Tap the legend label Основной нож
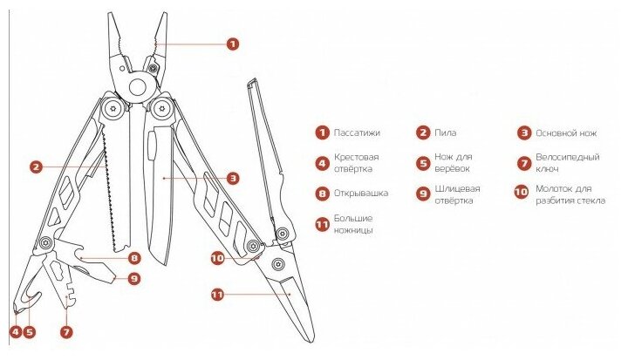(x=564, y=133)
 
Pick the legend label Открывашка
(x=364, y=193)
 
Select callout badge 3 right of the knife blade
(x=233, y=178)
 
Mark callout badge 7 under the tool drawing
(x=66, y=331)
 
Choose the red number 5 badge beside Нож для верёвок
(x=422, y=162)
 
